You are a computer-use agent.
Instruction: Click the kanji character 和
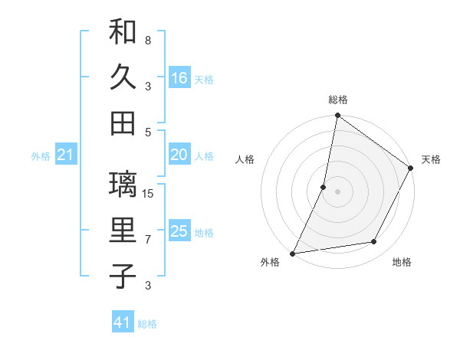point(123,34)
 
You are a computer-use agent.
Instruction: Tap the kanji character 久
point(123,77)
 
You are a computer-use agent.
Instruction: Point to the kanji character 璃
point(123,187)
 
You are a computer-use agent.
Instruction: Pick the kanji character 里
point(123,231)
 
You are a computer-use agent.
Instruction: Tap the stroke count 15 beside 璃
point(149,193)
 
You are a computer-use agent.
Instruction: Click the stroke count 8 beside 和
point(148,40)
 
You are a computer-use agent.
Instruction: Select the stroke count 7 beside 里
point(148,240)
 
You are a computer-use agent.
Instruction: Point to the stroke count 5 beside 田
point(148,132)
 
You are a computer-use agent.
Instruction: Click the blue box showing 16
point(179,77)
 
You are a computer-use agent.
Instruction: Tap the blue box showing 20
point(179,155)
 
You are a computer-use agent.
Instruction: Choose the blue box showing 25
point(179,231)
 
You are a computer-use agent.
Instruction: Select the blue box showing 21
point(65,155)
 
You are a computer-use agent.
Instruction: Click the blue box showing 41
point(123,322)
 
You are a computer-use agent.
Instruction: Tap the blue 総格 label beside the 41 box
point(147,324)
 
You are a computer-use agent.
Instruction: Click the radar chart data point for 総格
point(337,116)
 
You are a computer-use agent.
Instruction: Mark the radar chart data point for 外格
point(293,253)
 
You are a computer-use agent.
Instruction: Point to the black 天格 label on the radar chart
point(431,159)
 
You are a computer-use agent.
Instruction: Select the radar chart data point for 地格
point(374,242)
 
